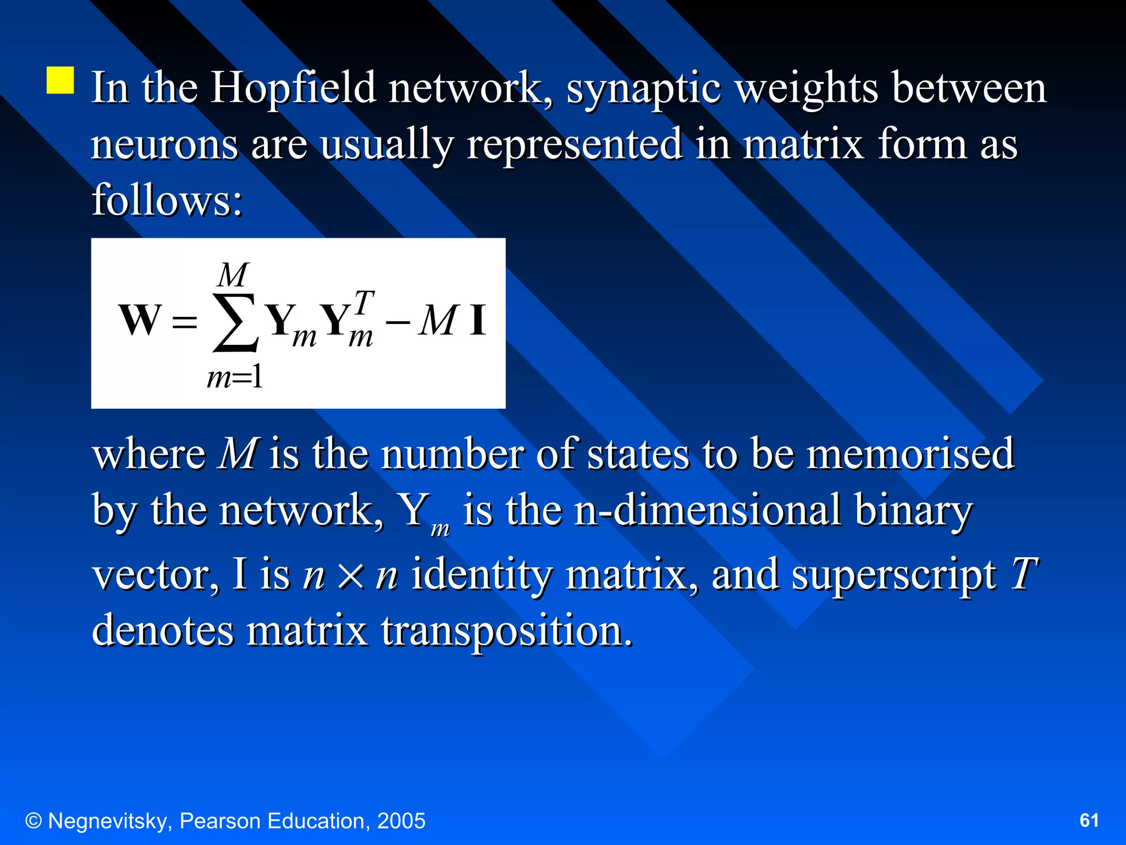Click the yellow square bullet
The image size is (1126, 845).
[60, 80]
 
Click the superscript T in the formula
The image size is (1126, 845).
[363, 303]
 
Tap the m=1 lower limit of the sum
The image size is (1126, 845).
[235, 378]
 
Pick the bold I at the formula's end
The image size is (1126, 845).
[477, 320]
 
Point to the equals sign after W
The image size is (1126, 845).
[184, 322]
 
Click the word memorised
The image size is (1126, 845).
[909, 454]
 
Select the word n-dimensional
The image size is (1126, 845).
[707, 511]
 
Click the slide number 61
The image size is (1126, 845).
[1089, 820]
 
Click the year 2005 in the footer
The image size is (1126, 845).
[401, 821]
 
